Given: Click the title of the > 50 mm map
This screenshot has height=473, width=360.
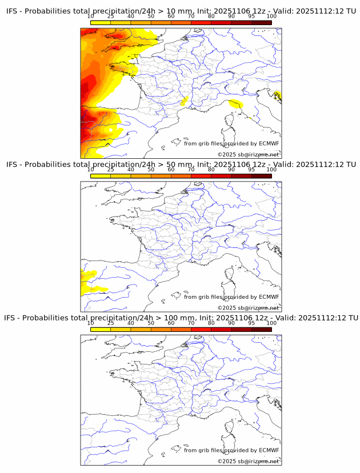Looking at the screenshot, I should pyautogui.click(x=181, y=165).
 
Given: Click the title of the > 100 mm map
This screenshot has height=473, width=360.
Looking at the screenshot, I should pyautogui.click(x=181, y=318).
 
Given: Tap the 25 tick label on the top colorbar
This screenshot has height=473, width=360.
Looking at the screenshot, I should pyautogui.click(x=111, y=16).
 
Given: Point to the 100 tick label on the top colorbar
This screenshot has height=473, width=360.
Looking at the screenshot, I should pyautogui.click(x=271, y=16).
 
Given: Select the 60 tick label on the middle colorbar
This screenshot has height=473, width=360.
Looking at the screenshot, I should pyautogui.click(x=171, y=170).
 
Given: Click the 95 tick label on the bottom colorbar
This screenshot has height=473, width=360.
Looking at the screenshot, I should pyautogui.click(x=251, y=323).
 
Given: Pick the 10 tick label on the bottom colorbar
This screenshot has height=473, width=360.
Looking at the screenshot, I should pyautogui.click(x=91, y=323).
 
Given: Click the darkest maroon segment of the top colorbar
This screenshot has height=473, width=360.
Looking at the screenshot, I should pyautogui.click(x=261, y=22).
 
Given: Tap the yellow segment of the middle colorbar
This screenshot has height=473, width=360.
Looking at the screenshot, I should pyautogui.click(x=101, y=176).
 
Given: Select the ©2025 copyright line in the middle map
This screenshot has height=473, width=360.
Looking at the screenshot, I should pyautogui.click(x=249, y=308).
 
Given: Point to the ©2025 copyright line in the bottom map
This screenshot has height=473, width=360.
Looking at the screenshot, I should pyautogui.click(x=249, y=461).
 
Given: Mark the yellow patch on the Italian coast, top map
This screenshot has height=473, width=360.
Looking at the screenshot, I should pyautogui.click(x=235, y=104).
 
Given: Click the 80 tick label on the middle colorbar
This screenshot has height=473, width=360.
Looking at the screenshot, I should pyautogui.click(x=211, y=170).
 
